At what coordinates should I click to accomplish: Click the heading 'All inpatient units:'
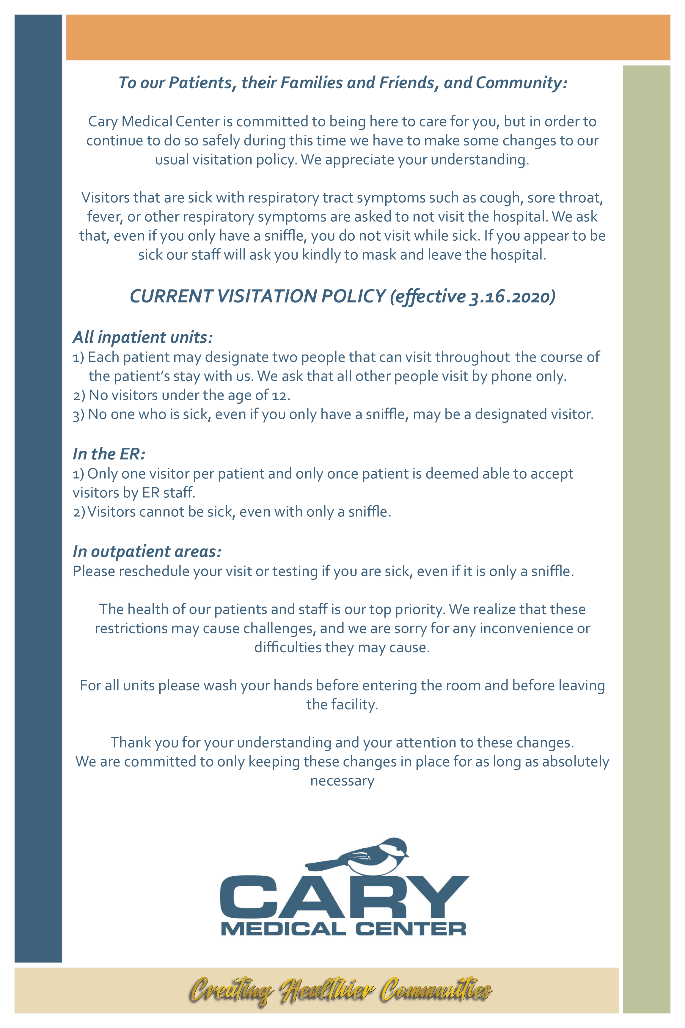143,337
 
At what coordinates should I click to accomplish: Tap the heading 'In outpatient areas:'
147,551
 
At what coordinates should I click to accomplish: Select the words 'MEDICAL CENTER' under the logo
343,929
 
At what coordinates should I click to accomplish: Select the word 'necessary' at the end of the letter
342,781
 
